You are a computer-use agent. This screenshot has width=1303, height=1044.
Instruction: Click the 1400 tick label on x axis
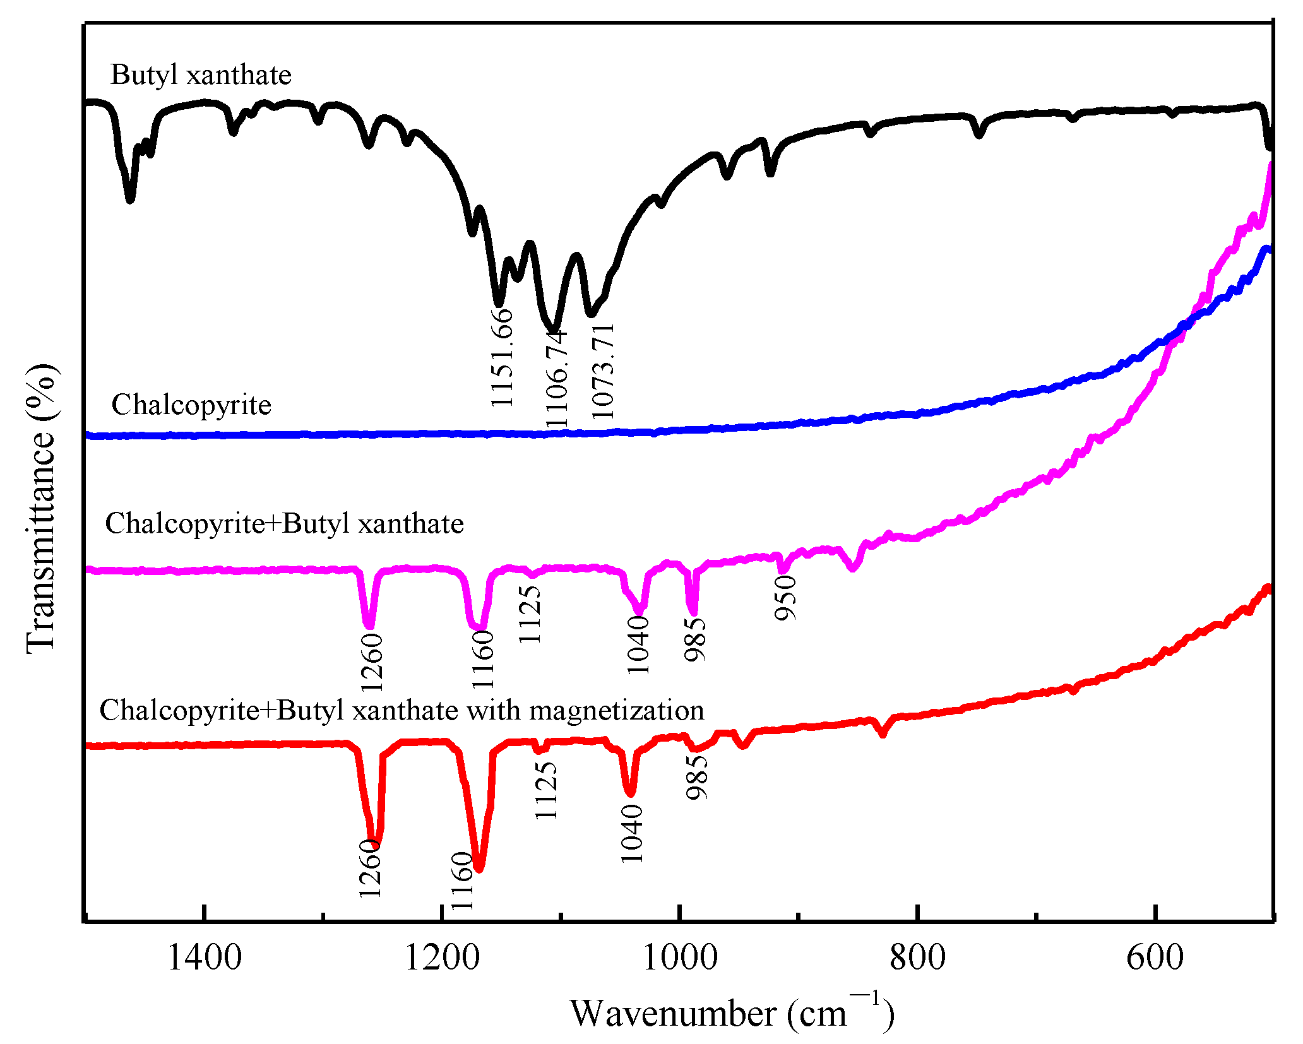(x=204, y=958)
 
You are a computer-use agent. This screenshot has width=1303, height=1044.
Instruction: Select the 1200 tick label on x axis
(x=442, y=958)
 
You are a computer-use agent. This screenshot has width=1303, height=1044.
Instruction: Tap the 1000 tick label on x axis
(x=680, y=958)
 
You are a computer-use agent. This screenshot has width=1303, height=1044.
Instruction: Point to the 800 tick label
(x=917, y=958)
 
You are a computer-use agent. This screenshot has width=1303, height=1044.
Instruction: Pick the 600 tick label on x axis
(x=1155, y=958)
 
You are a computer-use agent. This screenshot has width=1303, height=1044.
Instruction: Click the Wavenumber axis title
(x=732, y=1014)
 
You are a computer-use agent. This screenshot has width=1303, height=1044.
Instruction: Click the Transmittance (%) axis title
(x=42, y=509)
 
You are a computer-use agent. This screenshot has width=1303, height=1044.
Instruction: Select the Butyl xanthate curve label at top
(x=201, y=75)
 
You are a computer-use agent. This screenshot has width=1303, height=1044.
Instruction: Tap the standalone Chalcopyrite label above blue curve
(x=191, y=405)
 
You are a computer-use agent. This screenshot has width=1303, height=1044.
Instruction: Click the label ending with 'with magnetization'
(x=402, y=710)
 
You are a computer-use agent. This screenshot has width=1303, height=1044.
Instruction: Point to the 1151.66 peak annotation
(x=503, y=357)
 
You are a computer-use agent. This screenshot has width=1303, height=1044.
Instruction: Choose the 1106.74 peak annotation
(x=557, y=379)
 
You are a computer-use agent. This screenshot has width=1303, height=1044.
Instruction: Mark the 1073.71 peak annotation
(x=602, y=371)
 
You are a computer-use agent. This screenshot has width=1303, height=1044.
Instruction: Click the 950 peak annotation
(x=786, y=598)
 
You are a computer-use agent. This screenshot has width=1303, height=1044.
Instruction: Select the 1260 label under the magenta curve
(x=371, y=662)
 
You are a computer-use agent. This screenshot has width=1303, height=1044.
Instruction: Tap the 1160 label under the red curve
(x=462, y=881)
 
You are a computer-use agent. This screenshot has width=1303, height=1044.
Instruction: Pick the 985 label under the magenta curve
(x=695, y=639)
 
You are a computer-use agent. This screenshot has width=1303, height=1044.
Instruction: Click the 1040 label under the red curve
(x=631, y=833)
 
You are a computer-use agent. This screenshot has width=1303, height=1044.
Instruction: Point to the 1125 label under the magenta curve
(x=530, y=614)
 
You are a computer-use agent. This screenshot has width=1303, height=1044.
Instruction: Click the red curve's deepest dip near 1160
(x=479, y=869)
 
